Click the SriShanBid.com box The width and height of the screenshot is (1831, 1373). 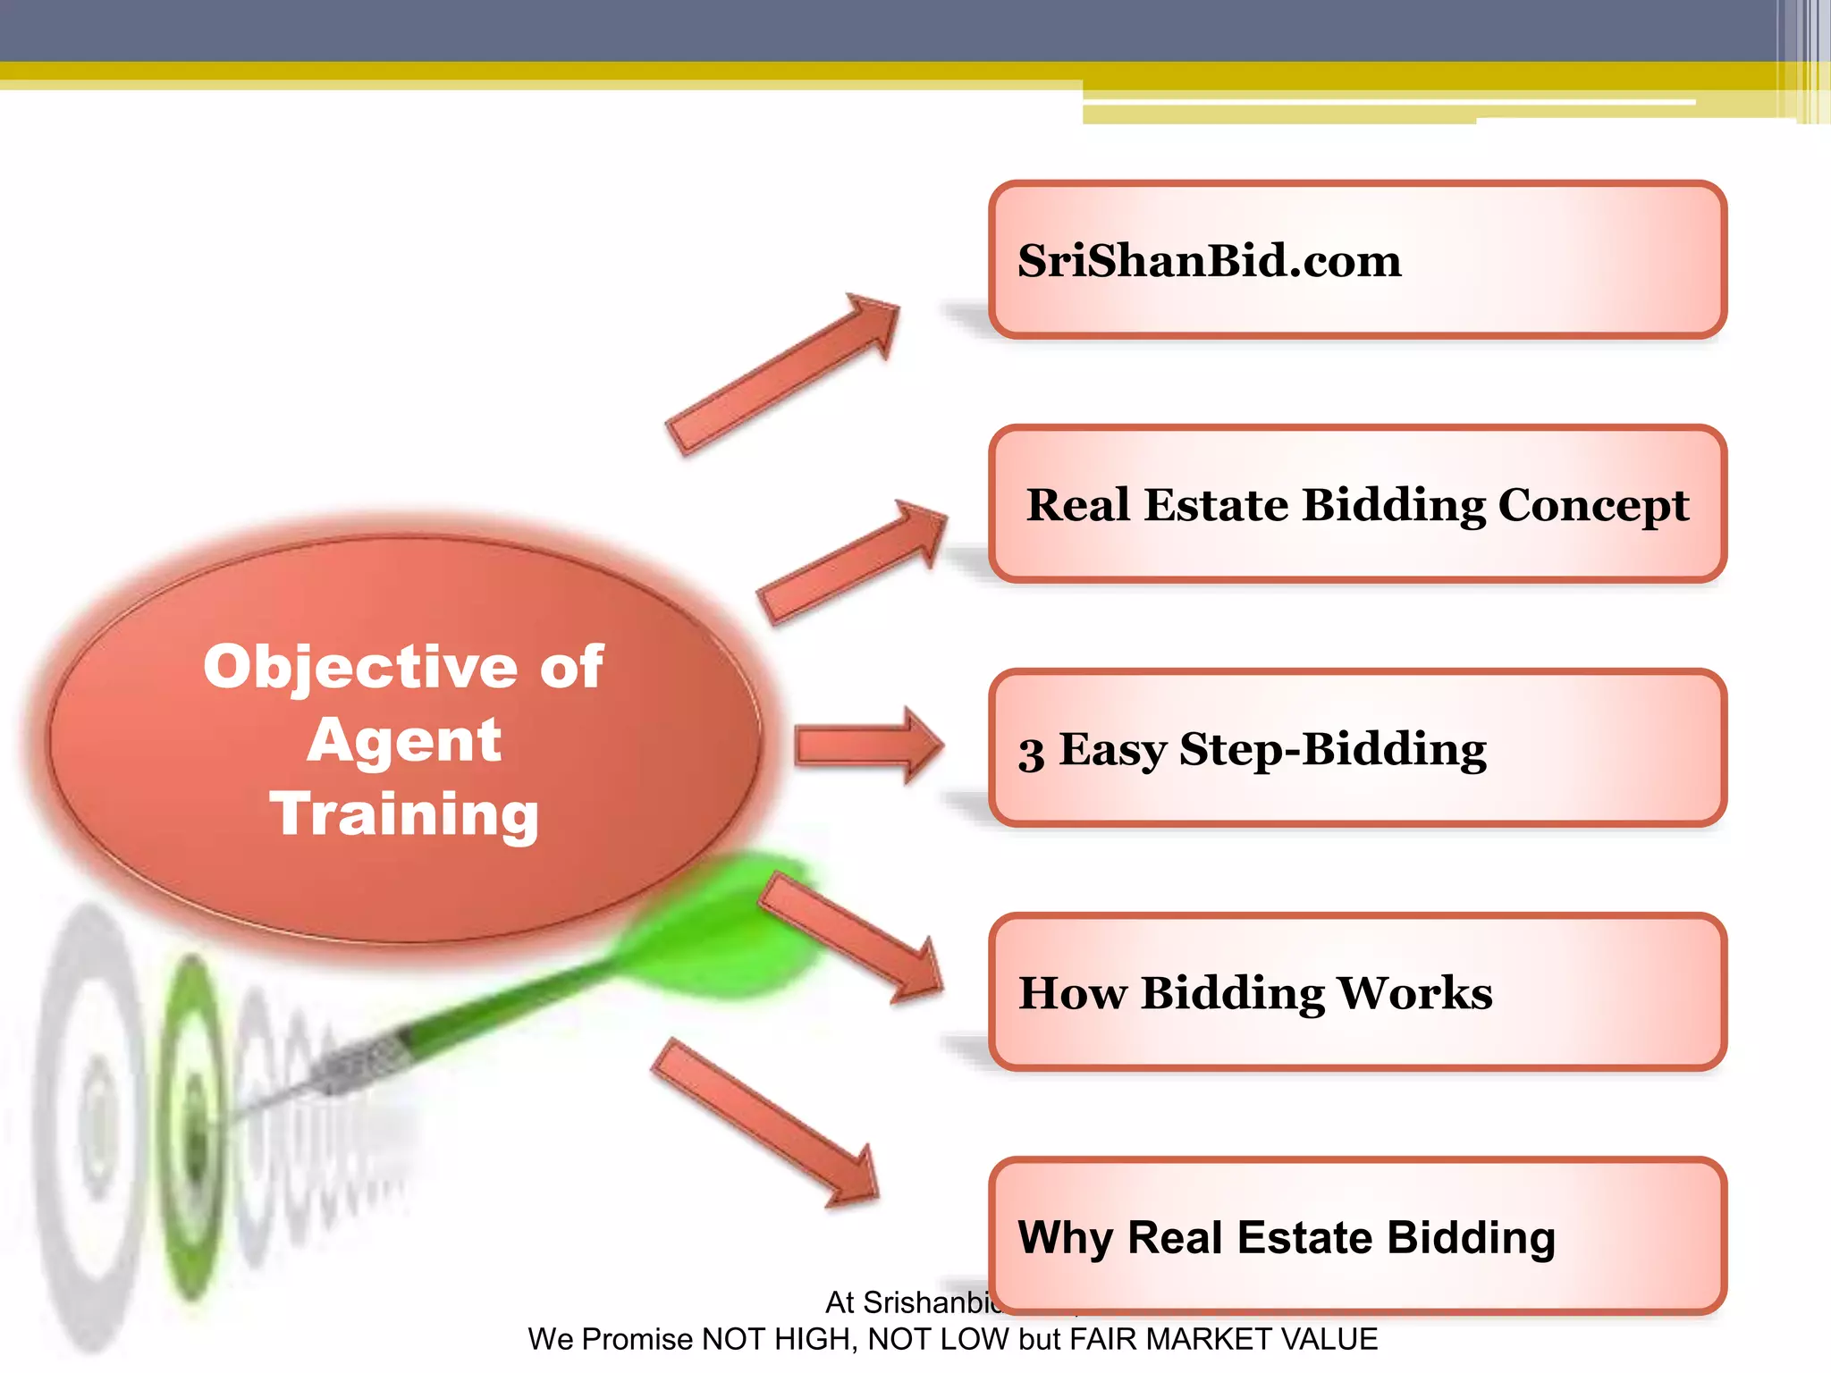(x=1357, y=259)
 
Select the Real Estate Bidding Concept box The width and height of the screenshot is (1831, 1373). (x=1357, y=503)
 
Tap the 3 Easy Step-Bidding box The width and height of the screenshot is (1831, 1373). (x=1357, y=747)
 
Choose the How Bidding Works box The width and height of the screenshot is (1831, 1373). (x=1357, y=991)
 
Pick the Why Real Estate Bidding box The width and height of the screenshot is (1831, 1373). (x=1357, y=1235)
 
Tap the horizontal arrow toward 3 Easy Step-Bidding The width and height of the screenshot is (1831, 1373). (x=867, y=745)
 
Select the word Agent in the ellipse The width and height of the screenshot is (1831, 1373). (x=404, y=740)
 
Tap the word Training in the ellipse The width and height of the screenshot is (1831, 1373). (x=404, y=813)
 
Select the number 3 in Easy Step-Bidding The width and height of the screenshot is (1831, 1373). (x=1031, y=753)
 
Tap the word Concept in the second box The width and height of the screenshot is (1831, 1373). (x=1593, y=506)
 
